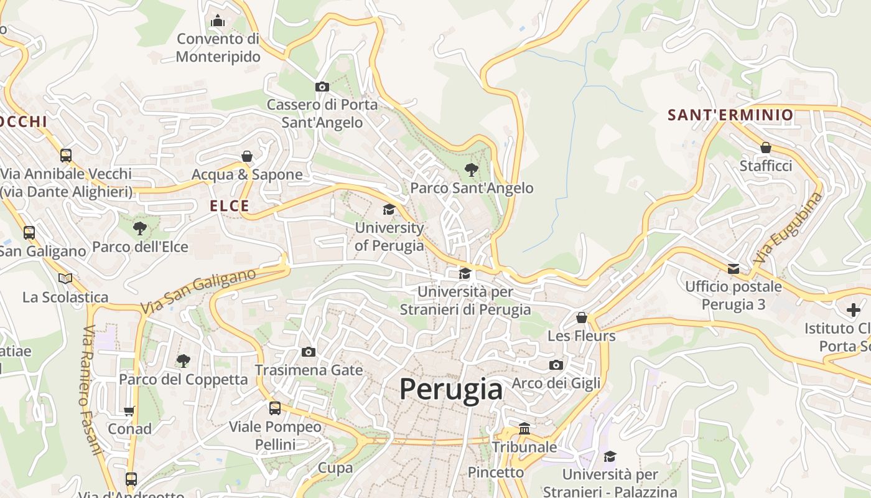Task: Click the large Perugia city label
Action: [450, 389]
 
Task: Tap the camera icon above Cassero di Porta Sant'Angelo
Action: [322, 87]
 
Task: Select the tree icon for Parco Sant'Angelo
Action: [472, 169]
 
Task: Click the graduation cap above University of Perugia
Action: [389, 209]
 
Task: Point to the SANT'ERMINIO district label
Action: [730, 115]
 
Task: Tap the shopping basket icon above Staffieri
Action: [765, 148]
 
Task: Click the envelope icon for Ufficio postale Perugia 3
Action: [734, 268]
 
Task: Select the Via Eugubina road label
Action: [788, 228]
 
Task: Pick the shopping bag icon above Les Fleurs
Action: [582, 317]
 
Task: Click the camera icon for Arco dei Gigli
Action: [556, 365]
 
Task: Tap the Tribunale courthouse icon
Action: [524, 429]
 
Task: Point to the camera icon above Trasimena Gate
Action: [308, 352]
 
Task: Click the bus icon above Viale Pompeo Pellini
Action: [275, 408]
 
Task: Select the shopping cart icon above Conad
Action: [129, 411]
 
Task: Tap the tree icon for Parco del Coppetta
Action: [183, 360]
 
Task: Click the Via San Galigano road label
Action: [198, 291]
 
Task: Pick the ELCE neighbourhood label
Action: [229, 206]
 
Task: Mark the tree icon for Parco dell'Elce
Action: [140, 228]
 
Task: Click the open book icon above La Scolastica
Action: [65, 278]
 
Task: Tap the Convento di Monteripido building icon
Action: [217, 21]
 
